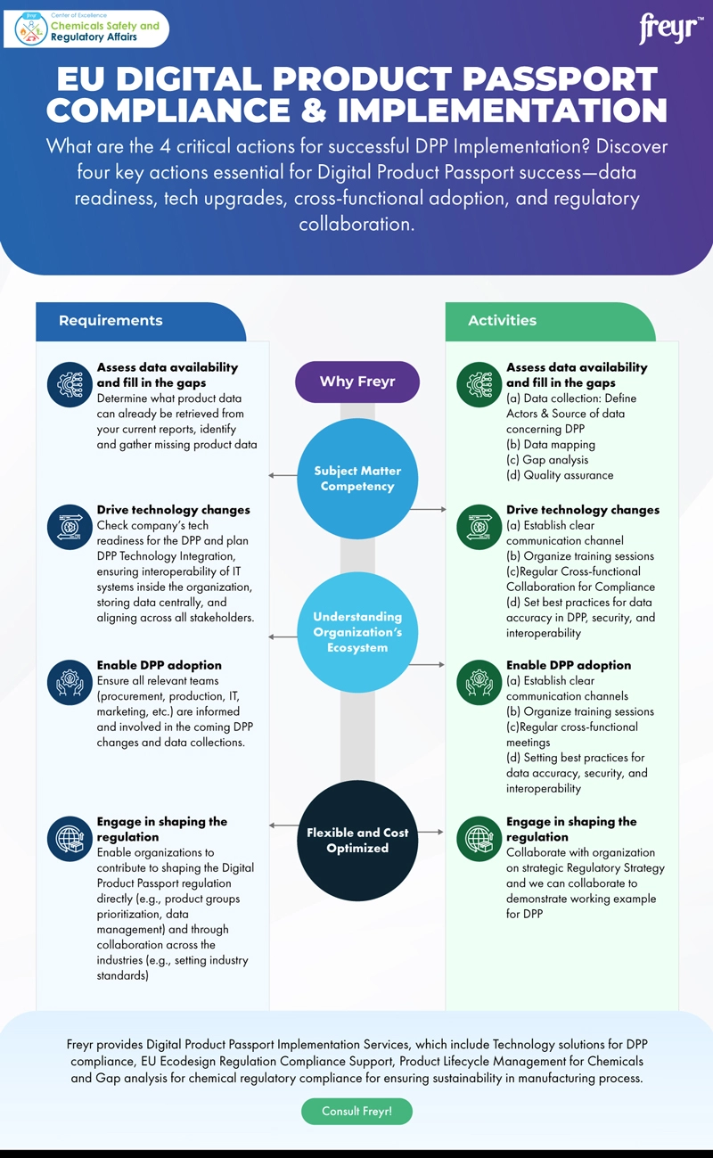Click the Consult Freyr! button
356,1112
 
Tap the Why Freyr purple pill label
356,382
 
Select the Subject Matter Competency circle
356,479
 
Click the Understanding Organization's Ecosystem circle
356,632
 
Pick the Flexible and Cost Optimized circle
356,840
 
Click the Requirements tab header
111,321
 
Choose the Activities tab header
503,321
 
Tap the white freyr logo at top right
668,29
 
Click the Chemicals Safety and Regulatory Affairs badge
86,29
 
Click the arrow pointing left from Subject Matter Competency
283,475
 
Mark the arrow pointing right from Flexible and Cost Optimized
430,832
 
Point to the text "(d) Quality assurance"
560,475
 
